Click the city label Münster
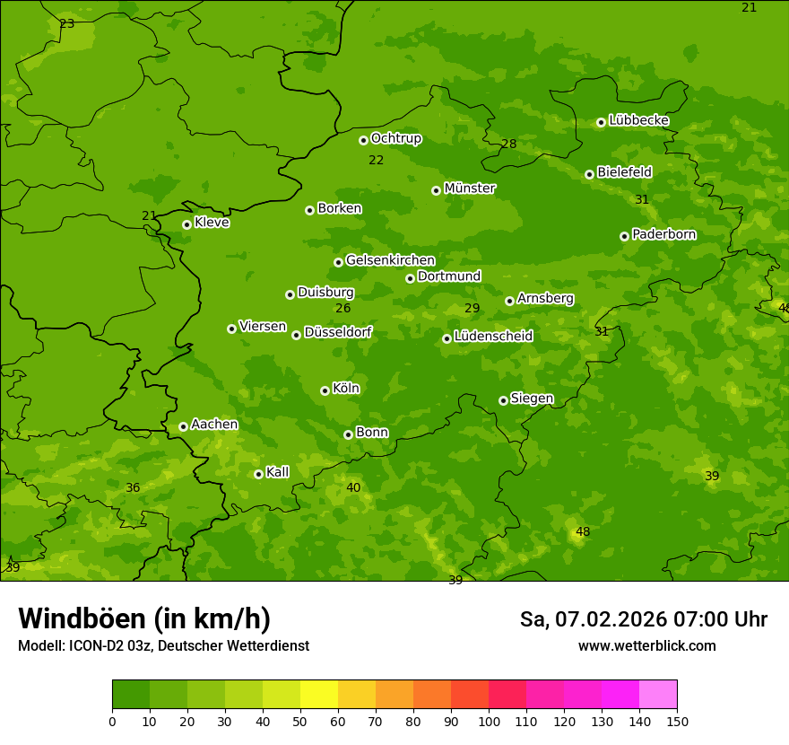tap(470, 188)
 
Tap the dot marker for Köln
tap(325, 390)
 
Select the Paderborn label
tap(663, 234)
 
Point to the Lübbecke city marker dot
tap(601, 122)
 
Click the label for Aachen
tap(214, 425)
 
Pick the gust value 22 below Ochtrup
tap(377, 161)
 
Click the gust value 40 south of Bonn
tap(353, 488)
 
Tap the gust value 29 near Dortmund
tap(473, 309)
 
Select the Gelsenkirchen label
tap(390, 260)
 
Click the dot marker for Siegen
tap(503, 400)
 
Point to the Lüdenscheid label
tap(493, 337)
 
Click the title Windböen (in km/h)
tap(143, 618)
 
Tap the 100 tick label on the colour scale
tap(489, 721)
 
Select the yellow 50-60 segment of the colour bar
tap(319, 695)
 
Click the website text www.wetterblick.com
tap(646, 646)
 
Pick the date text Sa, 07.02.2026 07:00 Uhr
tap(643, 619)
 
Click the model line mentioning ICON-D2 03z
tap(163, 646)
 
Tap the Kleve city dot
tap(186, 224)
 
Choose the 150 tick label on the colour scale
tap(677, 721)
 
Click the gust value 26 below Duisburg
tap(343, 309)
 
